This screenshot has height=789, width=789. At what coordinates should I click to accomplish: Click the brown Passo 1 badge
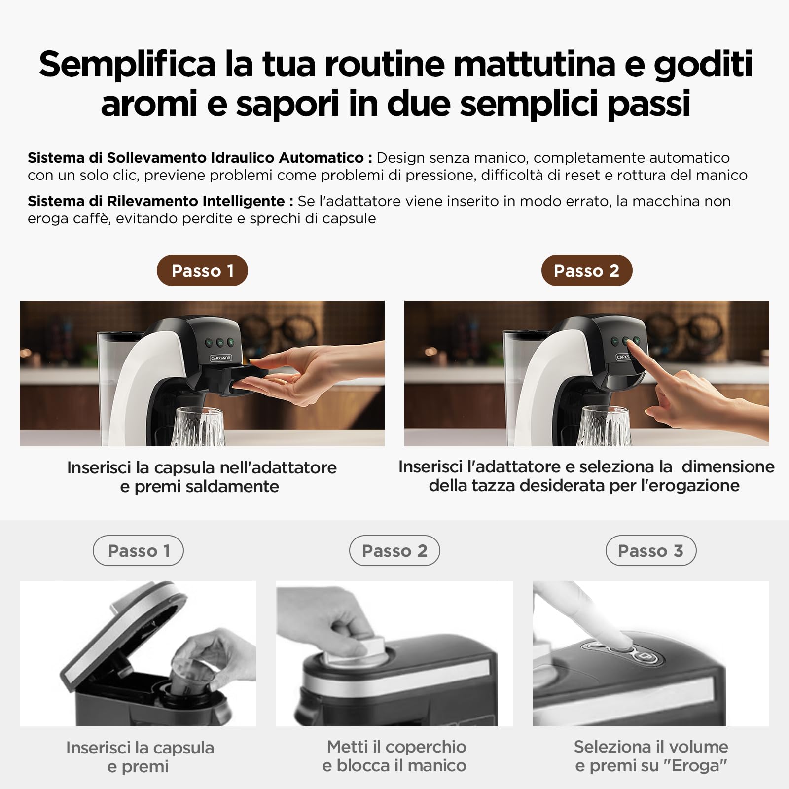(202, 270)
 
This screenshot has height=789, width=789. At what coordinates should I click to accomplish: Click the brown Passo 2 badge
(587, 270)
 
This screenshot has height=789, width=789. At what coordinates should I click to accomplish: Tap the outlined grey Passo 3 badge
(651, 550)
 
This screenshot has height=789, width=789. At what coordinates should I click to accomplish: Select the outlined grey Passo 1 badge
(138, 550)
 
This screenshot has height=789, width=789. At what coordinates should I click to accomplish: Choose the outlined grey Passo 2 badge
(394, 550)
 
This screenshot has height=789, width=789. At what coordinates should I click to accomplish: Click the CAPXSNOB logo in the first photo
(221, 358)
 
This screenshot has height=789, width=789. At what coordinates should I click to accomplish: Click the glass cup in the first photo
(198, 427)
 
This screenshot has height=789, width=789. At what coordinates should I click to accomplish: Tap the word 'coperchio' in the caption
(426, 747)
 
